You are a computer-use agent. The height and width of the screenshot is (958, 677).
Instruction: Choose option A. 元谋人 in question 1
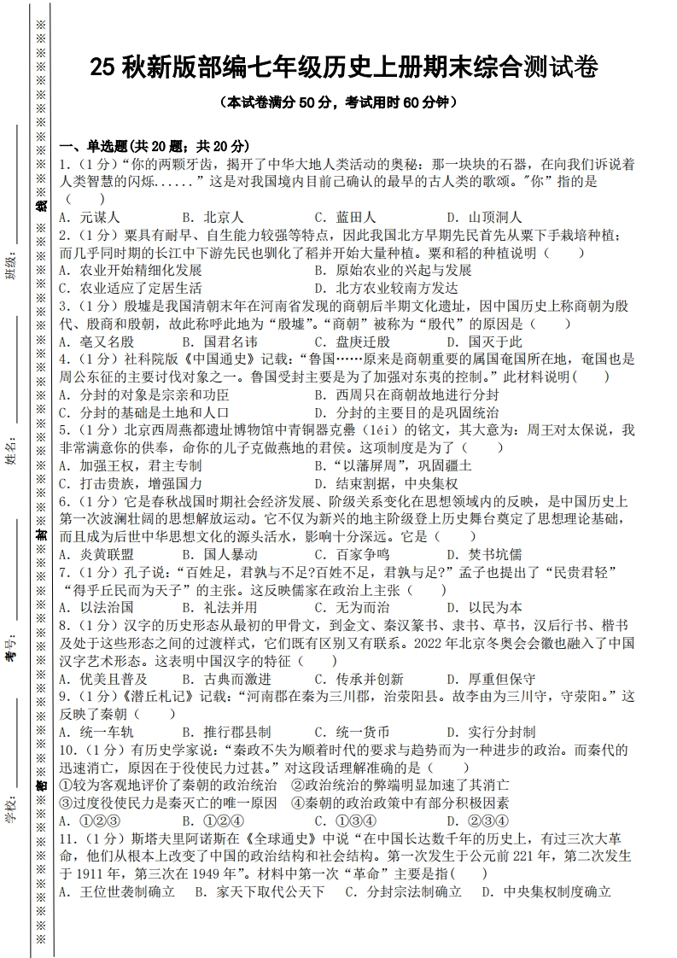[90, 217]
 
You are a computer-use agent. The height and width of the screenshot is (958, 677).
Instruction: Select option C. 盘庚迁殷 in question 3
[352, 342]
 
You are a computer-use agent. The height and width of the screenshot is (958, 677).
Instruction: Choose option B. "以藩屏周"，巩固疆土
[392, 466]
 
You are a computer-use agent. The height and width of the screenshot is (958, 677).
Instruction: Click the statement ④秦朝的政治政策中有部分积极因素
[400, 803]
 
